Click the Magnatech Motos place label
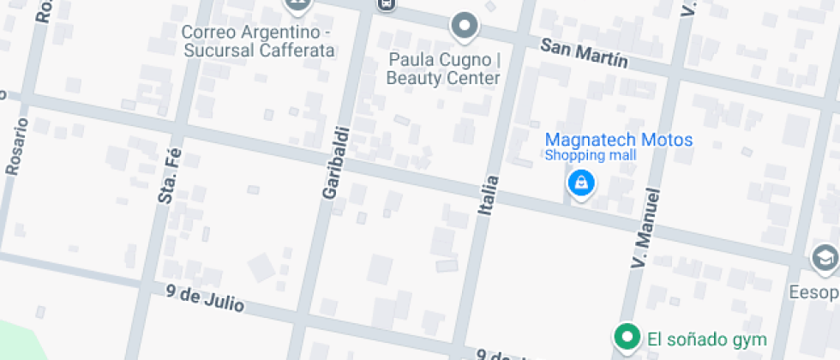(619, 140)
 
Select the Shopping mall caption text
(591, 155)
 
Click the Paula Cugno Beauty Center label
(443, 69)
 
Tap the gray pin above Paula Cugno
(465, 27)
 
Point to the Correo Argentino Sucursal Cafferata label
(257, 41)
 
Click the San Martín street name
(584, 53)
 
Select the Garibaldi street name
(336, 164)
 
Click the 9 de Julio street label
(206, 299)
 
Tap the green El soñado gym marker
(627, 338)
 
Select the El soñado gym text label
(706, 339)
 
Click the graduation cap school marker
(825, 258)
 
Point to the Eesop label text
(814, 292)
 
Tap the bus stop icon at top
(387, 4)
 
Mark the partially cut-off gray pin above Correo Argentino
(297, 4)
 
